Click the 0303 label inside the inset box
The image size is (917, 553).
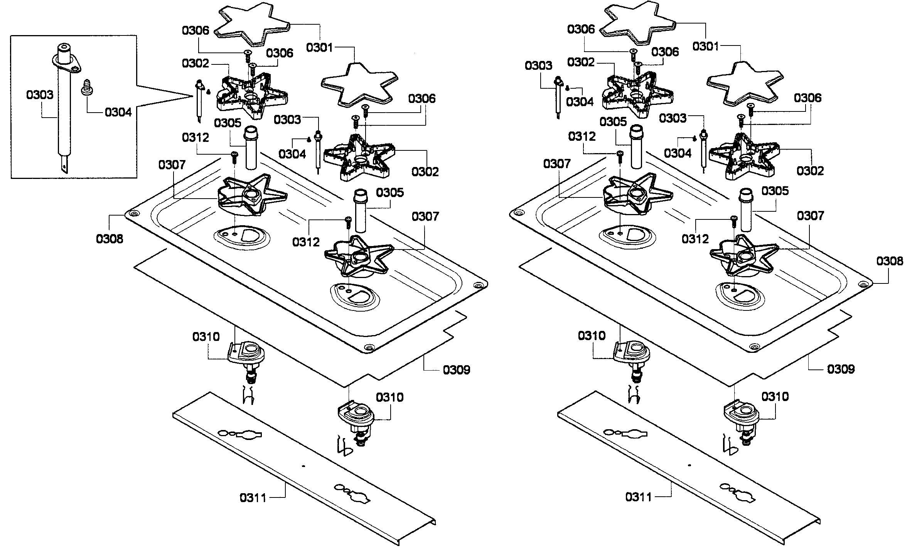(x=40, y=94)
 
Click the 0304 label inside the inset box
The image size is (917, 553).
(x=118, y=112)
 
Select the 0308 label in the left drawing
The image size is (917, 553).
(x=110, y=239)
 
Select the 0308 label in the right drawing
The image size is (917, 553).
(x=890, y=261)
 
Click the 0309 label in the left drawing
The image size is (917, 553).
(x=456, y=370)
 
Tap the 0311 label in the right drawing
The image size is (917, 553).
(x=639, y=497)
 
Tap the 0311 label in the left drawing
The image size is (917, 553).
(x=253, y=497)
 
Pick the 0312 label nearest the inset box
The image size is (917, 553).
(x=196, y=137)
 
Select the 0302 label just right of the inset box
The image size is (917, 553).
(x=196, y=63)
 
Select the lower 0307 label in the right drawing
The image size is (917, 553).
(x=810, y=216)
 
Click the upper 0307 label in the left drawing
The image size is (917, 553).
(x=172, y=165)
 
